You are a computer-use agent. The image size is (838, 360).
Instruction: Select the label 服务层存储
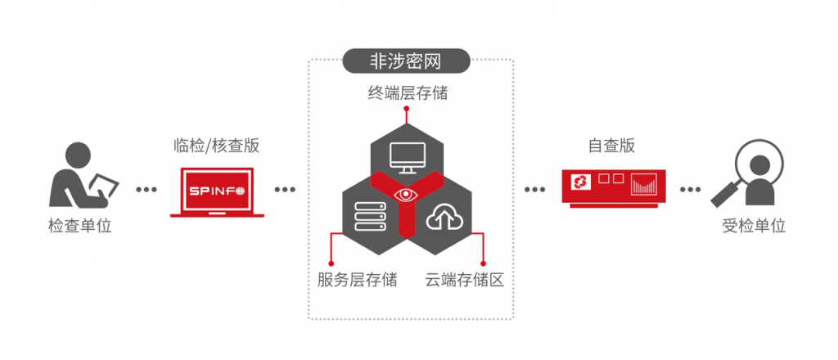tap(357, 279)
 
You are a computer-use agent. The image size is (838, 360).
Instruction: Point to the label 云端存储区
tap(464, 279)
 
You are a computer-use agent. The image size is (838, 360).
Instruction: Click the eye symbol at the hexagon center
tap(408, 195)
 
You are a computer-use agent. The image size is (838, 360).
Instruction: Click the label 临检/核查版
tap(217, 146)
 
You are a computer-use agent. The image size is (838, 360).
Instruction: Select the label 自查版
tap(611, 146)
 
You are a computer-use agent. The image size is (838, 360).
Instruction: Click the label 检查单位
tap(79, 226)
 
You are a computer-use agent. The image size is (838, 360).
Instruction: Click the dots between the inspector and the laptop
tap(146, 190)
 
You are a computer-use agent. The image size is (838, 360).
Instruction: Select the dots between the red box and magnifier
tap(690, 190)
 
